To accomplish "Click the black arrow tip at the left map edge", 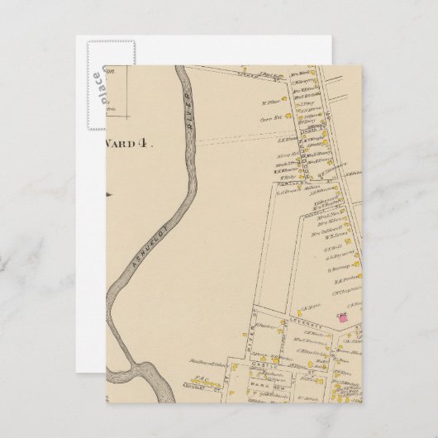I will (107, 194).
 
